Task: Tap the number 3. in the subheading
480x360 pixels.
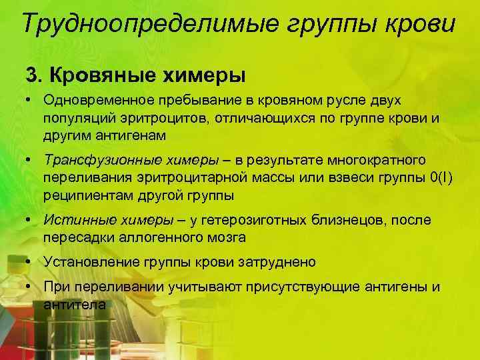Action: tap(34, 74)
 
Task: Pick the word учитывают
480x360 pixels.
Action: tap(188, 287)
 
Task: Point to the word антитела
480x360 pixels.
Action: tap(75, 304)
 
